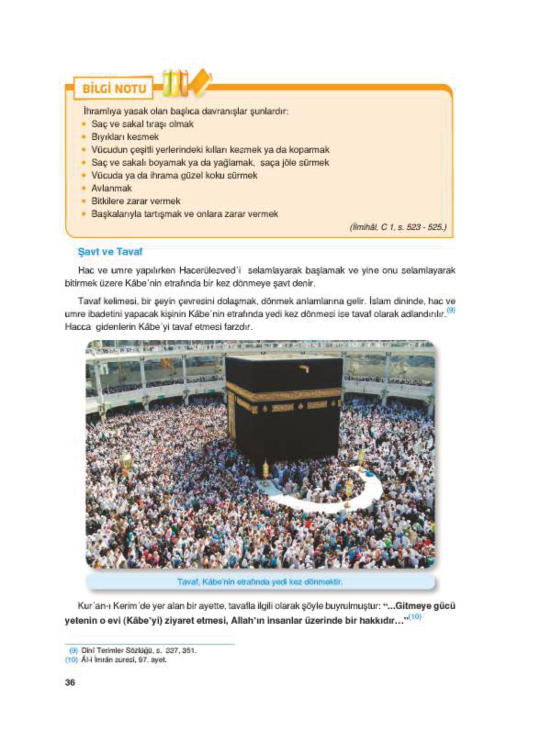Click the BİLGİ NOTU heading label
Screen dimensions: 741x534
coord(114,89)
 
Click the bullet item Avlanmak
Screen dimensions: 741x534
coord(111,188)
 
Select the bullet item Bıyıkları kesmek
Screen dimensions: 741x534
coord(125,137)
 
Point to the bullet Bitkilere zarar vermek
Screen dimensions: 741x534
coord(136,201)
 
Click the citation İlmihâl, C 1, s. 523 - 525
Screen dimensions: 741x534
coord(398,227)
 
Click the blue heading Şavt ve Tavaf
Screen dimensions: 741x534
coord(110,252)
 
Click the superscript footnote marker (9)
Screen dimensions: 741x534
coord(451,310)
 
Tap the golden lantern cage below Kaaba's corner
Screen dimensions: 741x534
coord(266,471)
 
